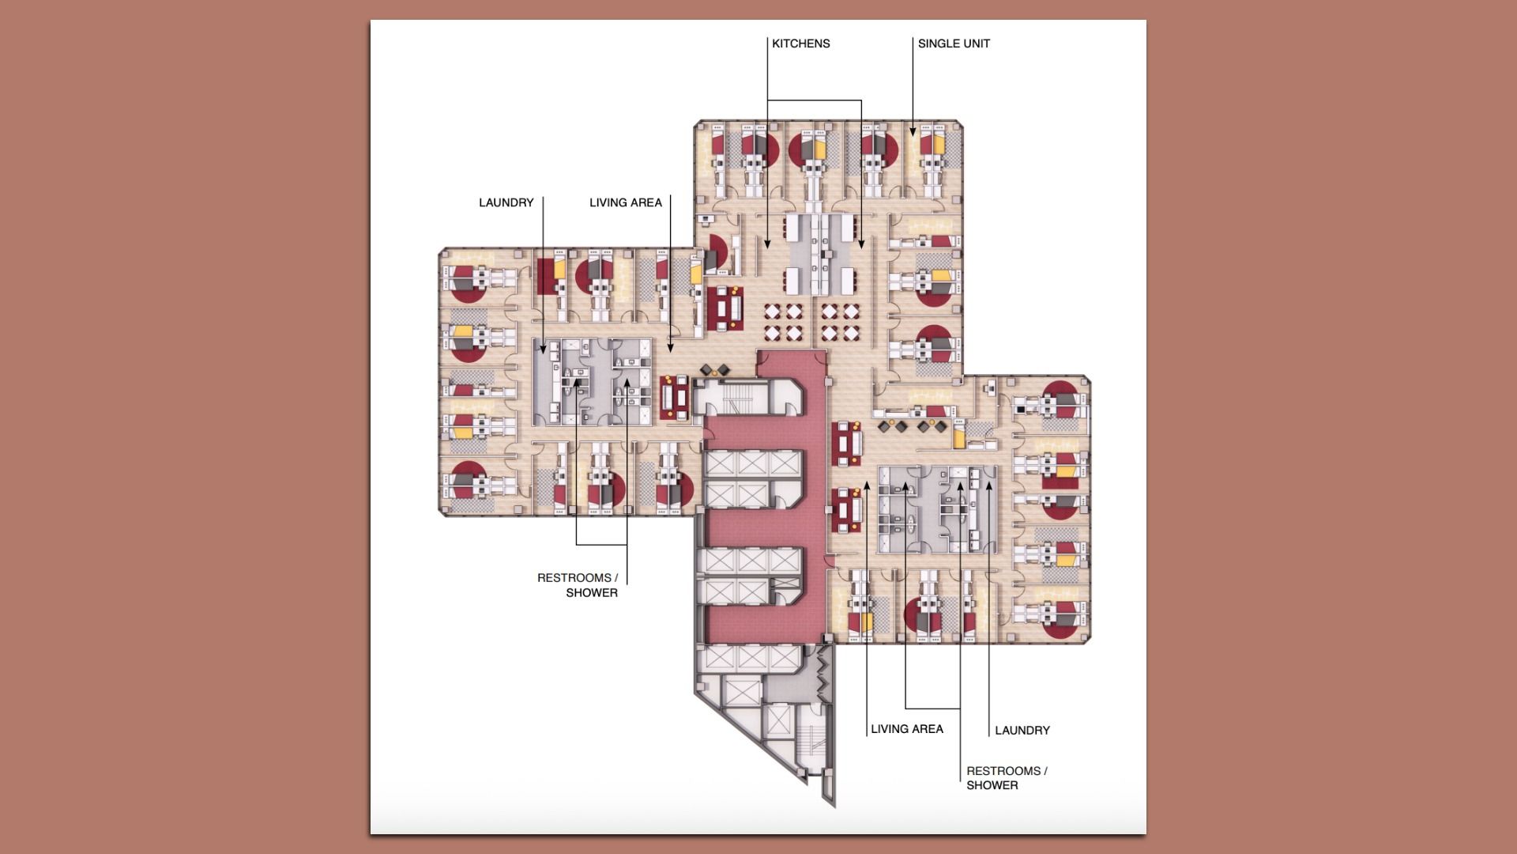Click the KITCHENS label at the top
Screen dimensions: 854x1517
[x=800, y=43]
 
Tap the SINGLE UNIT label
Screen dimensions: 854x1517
[x=953, y=43]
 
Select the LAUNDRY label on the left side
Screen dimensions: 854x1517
[x=506, y=202]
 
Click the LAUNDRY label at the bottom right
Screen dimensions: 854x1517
[x=1022, y=731]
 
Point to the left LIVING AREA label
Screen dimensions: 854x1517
[x=625, y=202]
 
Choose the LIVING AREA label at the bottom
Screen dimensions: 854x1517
[x=906, y=729]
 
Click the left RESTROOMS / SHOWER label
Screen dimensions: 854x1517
[x=578, y=585]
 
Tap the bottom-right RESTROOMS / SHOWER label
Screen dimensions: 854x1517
[x=1006, y=778]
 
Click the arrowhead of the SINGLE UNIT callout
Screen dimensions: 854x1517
[x=913, y=132]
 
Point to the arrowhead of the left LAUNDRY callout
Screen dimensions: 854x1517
[x=544, y=350]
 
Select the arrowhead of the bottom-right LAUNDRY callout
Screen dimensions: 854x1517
[x=988, y=483]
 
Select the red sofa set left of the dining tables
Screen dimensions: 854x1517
[x=725, y=308]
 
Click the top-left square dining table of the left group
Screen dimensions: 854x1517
[x=771, y=312]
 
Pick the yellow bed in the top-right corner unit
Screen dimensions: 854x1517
[x=939, y=144]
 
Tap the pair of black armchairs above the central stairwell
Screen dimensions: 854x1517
[x=715, y=369]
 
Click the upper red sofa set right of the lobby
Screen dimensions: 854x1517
[x=847, y=444]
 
